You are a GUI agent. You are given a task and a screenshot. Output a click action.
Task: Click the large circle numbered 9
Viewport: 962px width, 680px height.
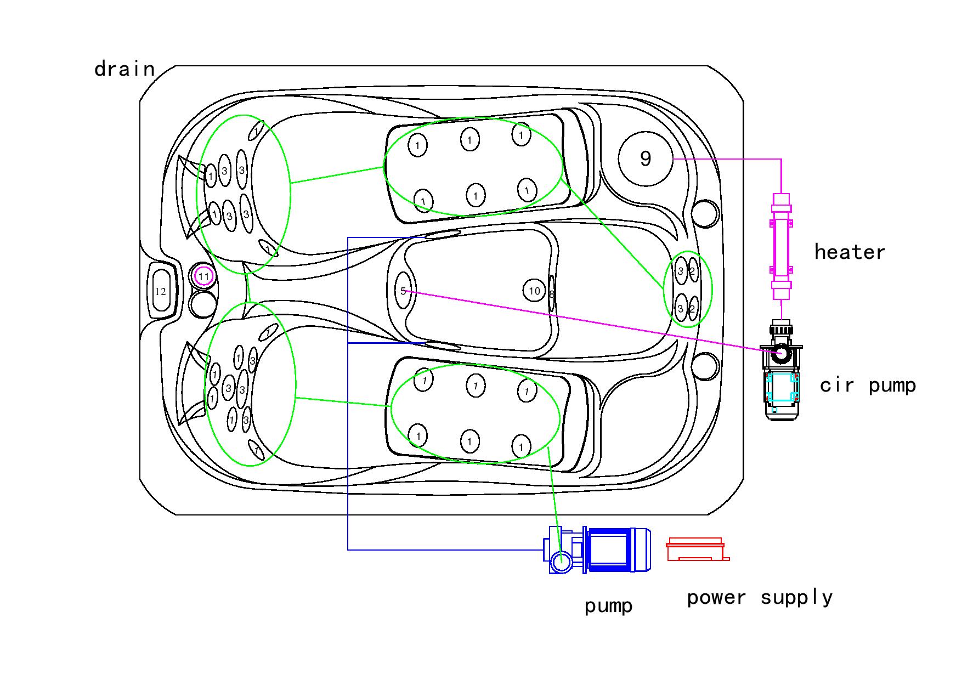pyautogui.click(x=646, y=158)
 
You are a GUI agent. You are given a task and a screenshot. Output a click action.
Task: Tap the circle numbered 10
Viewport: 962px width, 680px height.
pyautogui.click(x=535, y=291)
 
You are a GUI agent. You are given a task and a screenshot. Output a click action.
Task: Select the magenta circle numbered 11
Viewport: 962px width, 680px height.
pyautogui.click(x=204, y=276)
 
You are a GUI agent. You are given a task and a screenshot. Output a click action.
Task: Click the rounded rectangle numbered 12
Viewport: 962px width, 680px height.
pyautogui.click(x=161, y=291)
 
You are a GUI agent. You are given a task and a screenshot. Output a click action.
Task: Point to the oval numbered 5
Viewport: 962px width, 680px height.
pyautogui.click(x=403, y=291)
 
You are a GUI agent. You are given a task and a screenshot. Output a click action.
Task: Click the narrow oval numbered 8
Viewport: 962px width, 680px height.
pyautogui.click(x=552, y=294)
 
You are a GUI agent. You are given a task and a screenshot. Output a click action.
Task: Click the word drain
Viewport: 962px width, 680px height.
pyautogui.click(x=125, y=70)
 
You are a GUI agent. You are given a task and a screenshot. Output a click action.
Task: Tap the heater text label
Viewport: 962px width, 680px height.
pyautogui.click(x=850, y=252)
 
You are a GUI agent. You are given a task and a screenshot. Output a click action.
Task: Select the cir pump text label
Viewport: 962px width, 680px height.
pyautogui.click(x=868, y=386)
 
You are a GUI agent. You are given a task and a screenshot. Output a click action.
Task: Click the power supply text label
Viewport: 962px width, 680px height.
pyautogui.click(x=760, y=598)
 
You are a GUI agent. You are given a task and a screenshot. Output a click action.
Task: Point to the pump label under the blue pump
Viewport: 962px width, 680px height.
pyautogui.click(x=608, y=606)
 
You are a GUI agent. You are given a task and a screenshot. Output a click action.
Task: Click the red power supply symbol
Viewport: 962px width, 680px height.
pyautogui.click(x=697, y=550)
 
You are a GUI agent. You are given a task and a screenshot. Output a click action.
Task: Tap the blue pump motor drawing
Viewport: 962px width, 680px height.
pyautogui.click(x=609, y=550)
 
